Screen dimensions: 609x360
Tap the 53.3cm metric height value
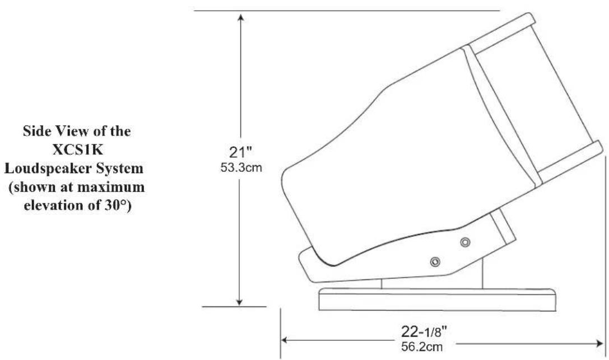(x=241, y=167)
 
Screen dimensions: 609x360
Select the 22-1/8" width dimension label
(x=424, y=331)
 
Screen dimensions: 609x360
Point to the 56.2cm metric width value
(x=422, y=347)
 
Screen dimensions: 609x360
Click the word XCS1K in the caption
(x=77, y=149)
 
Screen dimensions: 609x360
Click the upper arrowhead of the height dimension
(x=241, y=18)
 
